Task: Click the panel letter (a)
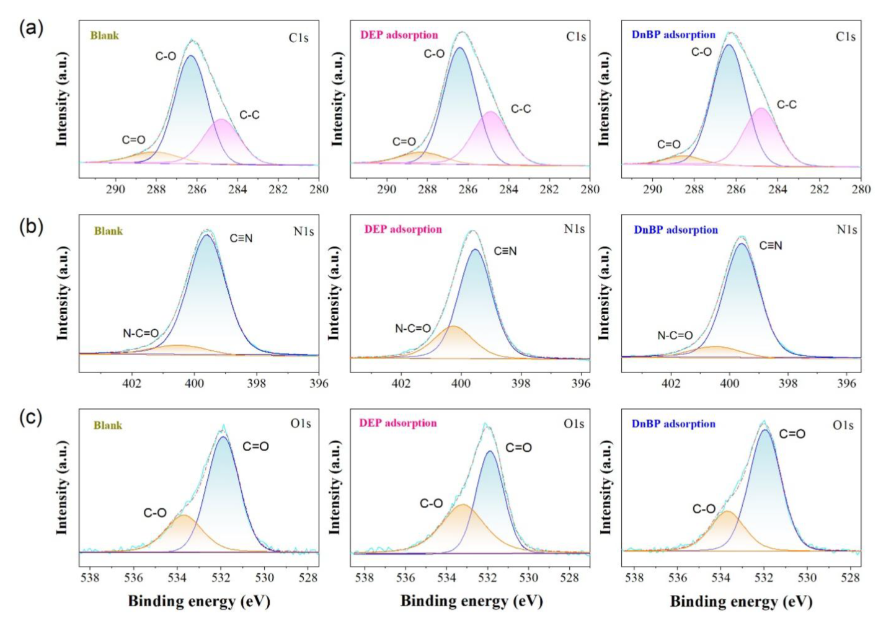click(31, 28)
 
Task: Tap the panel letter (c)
click(31, 417)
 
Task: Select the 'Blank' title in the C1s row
click(104, 35)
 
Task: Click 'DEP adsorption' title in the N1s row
click(403, 229)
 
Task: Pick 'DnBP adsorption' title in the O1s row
click(673, 424)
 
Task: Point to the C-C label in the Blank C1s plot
click(249, 115)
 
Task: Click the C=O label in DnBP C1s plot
click(668, 144)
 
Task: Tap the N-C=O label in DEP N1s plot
click(413, 328)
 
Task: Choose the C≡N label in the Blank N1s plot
click(241, 239)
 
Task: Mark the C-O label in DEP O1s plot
click(431, 503)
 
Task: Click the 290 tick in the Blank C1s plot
click(115, 189)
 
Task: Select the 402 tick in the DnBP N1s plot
click(671, 383)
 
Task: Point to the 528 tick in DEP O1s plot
click(569, 578)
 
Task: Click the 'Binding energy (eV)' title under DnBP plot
click(741, 601)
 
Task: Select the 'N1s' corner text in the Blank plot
click(304, 232)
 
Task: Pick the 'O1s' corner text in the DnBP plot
click(843, 425)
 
